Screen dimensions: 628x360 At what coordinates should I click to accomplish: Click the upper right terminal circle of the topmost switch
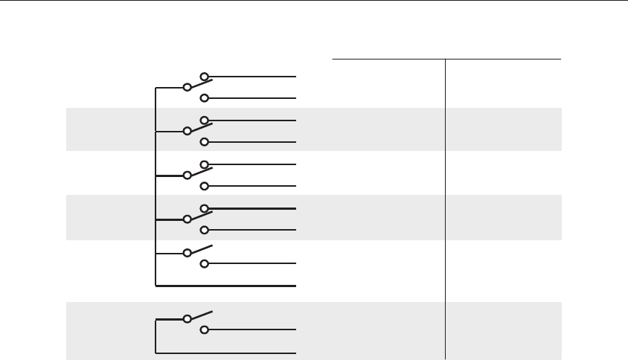point(202,77)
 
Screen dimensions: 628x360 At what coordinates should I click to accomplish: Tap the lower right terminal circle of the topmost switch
point(202,98)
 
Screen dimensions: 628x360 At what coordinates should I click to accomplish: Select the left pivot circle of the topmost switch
point(188,88)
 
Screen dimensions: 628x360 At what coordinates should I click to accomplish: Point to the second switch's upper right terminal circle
point(202,120)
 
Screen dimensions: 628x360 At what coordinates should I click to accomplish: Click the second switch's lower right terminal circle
point(202,142)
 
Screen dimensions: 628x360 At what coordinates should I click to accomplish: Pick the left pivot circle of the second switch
point(188,132)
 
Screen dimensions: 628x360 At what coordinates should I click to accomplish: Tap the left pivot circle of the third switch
point(188,176)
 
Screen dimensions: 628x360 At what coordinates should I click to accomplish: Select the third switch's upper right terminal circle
point(202,164)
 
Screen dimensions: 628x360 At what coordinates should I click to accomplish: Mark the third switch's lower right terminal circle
point(202,186)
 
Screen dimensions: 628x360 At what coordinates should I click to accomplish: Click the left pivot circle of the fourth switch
point(188,220)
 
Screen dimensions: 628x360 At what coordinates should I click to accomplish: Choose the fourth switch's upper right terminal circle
point(202,208)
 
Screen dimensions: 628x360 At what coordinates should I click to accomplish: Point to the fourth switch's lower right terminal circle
point(202,230)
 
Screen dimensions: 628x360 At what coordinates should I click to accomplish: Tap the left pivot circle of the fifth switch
point(188,253)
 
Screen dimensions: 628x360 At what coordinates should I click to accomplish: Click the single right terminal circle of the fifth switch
point(202,264)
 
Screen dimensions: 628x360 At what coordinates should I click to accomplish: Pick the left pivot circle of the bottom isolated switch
point(188,318)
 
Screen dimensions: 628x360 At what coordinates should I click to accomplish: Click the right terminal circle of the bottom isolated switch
point(202,330)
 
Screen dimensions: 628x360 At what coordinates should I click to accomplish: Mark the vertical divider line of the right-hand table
point(445,208)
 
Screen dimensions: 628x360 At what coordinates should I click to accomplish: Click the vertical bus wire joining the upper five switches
point(155,186)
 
